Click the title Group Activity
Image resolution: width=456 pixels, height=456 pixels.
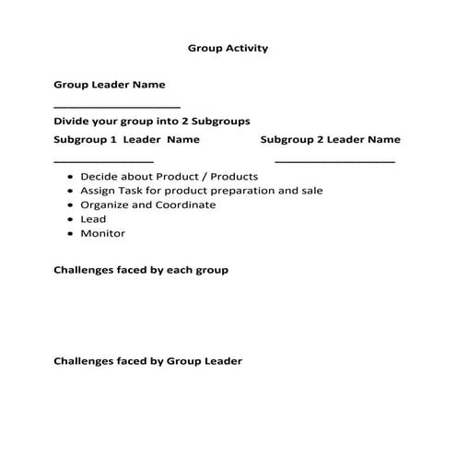(x=228, y=48)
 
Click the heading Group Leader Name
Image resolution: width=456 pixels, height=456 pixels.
(x=110, y=85)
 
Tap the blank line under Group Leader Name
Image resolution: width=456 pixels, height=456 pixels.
(x=117, y=107)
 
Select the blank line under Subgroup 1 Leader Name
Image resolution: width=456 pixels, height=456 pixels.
(x=103, y=161)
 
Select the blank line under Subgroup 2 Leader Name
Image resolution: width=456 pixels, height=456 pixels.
(x=335, y=161)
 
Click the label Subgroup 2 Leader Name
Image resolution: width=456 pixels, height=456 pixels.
(x=330, y=140)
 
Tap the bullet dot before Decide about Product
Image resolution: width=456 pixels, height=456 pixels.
(x=71, y=177)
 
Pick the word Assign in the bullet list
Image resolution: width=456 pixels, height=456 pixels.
(x=99, y=191)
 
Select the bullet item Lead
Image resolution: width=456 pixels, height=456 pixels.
(x=93, y=219)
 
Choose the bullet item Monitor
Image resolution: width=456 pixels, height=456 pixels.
(x=102, y=233)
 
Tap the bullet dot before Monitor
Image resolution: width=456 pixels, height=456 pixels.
(x=71, y=234)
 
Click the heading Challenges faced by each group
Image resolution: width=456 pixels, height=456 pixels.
(x=141, y=270)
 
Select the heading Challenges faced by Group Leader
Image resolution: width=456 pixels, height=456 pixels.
(x=147, y=361)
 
